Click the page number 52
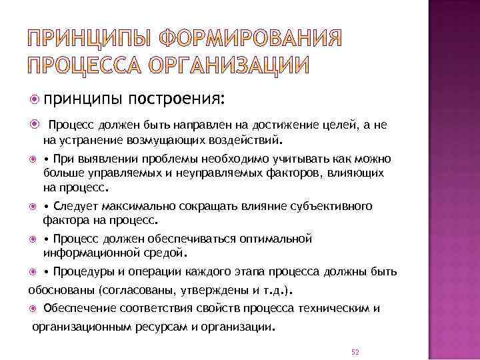click(355, 351)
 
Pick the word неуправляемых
click(209, 173)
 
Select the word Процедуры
click(84, 272)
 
